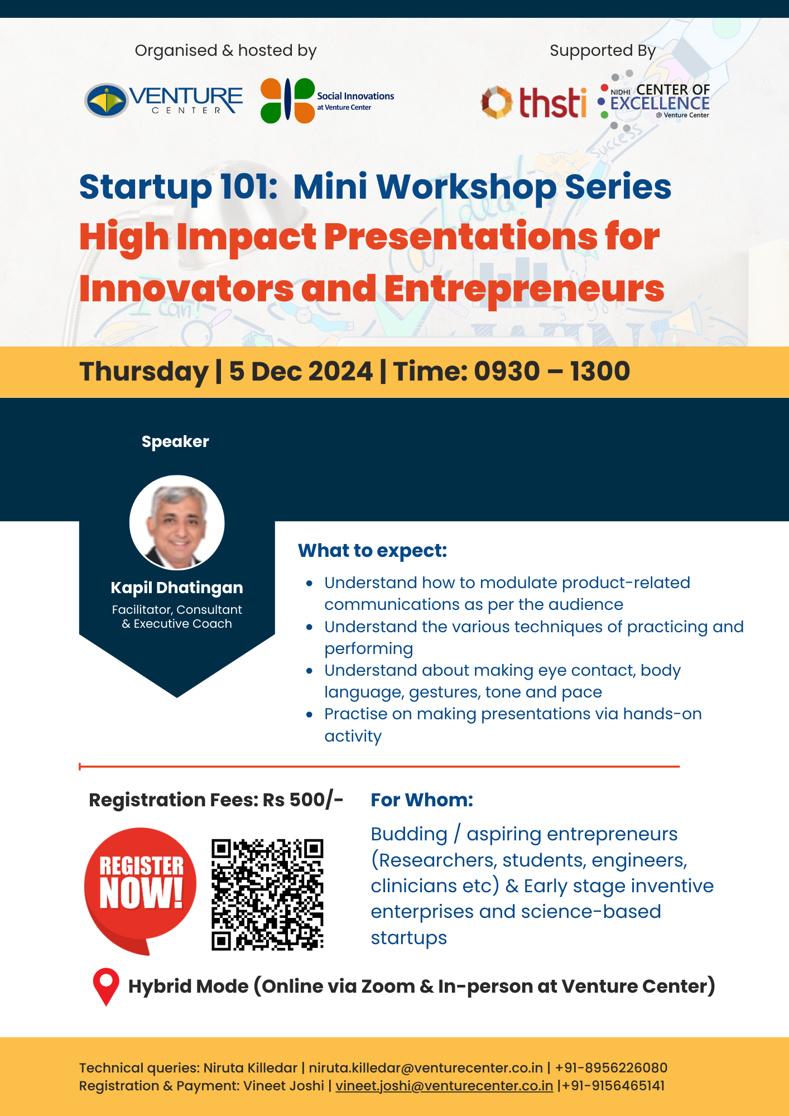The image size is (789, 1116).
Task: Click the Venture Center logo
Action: pos(163,100)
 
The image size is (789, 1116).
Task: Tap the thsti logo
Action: pos(534,102)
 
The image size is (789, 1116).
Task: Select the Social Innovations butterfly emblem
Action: pos(287,100)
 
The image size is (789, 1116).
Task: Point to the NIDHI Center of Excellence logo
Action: pos(653,101)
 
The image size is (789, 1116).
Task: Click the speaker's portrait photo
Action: pos(177,522)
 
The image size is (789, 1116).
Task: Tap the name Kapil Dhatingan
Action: pos(177,588)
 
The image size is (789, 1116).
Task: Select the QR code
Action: pos(267,894)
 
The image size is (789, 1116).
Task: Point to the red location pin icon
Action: pos(106,987)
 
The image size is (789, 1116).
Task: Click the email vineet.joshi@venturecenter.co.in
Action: pos(444,1086)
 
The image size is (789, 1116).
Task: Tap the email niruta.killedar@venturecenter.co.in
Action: pos(426,1068)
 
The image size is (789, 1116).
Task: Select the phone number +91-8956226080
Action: pos(611,1068)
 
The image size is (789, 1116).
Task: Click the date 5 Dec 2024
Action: pos(301,371)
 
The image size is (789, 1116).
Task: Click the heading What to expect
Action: pos(373,551)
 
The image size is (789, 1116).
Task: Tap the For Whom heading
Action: pos(422,800)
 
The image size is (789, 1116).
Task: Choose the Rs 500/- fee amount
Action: pos(303,800)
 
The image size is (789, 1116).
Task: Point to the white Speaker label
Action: pos(175,442)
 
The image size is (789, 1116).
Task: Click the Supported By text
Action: pos(603,51)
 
